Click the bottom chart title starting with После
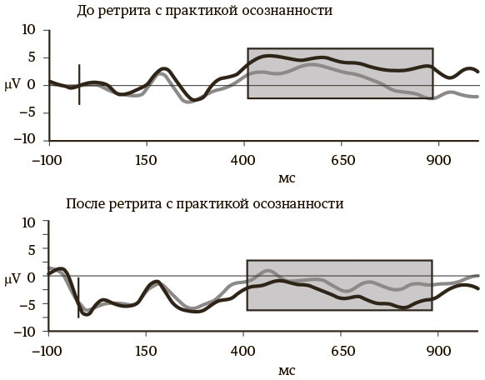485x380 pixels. click(203, 203)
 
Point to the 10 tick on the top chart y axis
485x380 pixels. click(28, 31)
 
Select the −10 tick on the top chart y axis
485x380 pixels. click(25, 140)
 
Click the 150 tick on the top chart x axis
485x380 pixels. click(146, 159)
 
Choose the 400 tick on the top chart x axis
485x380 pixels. click(244, 159)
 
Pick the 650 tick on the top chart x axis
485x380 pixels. click(342, 159)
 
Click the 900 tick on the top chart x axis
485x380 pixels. click(439, 159)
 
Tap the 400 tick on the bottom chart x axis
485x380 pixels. click(244, 351)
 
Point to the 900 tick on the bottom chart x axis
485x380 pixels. click(439, 351)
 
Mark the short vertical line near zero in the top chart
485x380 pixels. click(79, 84)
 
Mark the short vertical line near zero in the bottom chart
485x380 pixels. click(79, 297)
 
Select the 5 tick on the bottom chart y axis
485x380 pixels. click(32, 249)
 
